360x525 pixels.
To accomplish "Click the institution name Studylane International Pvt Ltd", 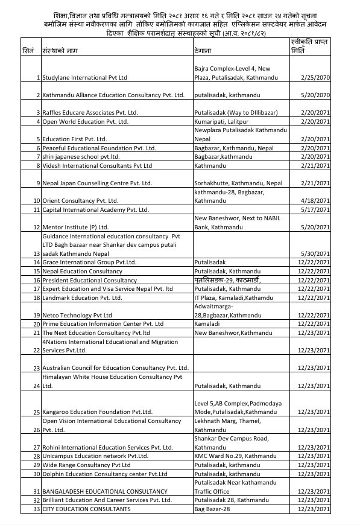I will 84,78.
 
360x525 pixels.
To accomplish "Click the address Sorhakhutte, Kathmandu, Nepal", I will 238,183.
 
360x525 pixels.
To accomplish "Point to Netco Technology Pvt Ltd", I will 77,315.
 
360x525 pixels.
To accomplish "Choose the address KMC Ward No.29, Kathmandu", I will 235,456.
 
